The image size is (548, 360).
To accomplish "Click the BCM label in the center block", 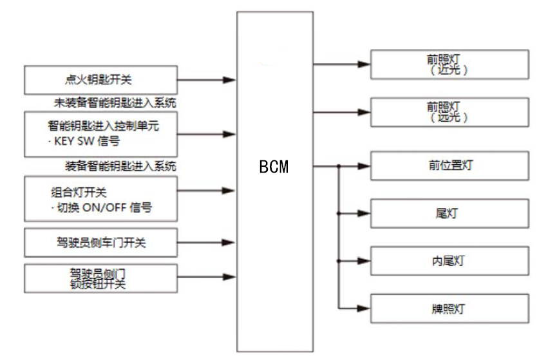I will (274, 167).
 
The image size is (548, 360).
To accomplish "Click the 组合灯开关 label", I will (85, 191).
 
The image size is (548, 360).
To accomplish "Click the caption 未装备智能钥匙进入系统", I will (115, 102).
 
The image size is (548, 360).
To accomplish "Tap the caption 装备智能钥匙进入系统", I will (120, 167).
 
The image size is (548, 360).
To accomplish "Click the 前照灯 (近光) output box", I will (449, 64).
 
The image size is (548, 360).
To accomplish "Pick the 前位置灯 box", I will (449, 166).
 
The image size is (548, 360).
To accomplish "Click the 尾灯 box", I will (449, 214).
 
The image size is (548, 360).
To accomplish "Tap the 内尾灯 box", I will (449, 261).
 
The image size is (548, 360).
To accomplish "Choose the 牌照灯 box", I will (449, 309).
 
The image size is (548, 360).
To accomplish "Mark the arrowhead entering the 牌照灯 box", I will (365, 309).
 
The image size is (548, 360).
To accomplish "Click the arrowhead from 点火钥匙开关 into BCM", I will (229, 81).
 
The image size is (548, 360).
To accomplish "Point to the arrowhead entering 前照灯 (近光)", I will (365, 64).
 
